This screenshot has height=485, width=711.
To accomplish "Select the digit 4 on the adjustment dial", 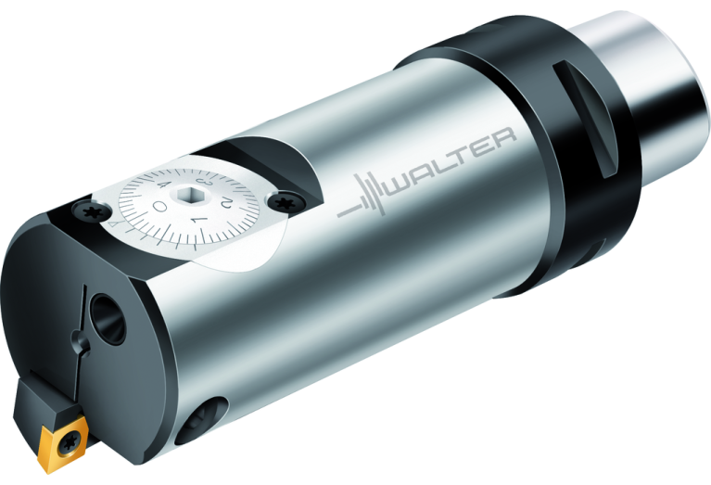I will click(x=167, y=188).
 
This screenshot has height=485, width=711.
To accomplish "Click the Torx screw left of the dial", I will click(x=93, y=213).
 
